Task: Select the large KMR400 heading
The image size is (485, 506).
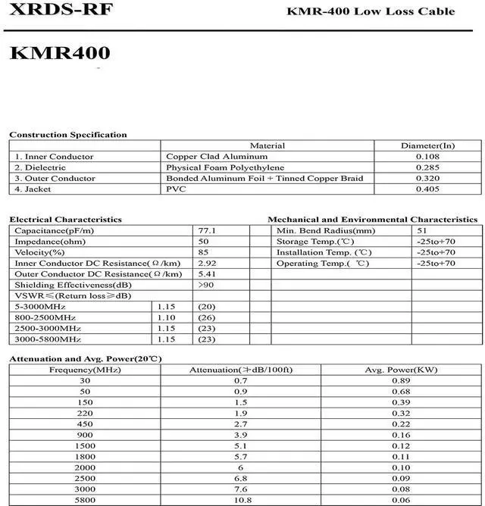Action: pos(60,53)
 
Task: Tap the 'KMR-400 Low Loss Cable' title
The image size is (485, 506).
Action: pos(371,11)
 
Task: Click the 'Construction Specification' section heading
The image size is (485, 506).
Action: pos(68,135)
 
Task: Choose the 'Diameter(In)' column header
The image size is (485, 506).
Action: pos(428,145)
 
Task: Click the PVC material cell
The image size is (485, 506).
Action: pos(176,189)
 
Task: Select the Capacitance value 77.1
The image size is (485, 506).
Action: pos(207,230)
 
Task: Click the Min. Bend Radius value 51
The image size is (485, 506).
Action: pos(422,230)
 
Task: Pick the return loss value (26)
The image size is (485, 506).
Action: pos(206,317)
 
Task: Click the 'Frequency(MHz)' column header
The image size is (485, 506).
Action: pos(85,369)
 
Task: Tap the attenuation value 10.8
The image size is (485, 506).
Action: pos(241,501)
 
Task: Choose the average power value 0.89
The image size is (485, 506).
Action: pos(402,380)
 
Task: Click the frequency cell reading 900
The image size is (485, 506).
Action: pos(85,435)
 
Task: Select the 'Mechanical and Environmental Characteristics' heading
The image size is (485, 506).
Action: pos(373,220)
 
